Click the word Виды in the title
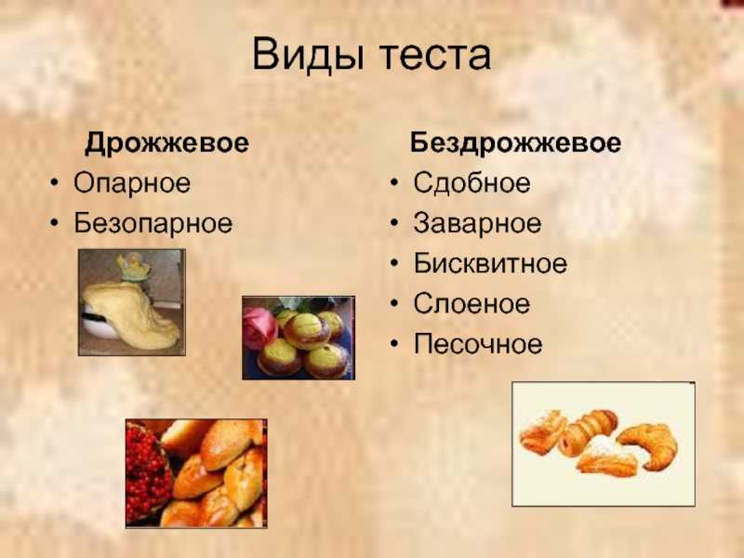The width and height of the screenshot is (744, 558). tap(309, 55)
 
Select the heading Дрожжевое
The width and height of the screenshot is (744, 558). tap(166, 143)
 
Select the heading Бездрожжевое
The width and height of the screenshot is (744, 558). tap(516, 143)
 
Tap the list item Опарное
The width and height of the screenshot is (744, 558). tap(132, 183)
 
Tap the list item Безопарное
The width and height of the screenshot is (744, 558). tap(153, 223)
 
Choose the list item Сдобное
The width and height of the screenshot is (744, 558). tap(472, 182)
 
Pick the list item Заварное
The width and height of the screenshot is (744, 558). tap(477, 223)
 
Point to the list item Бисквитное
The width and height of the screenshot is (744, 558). tap(490, 263)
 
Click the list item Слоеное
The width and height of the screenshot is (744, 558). tap(472, 304)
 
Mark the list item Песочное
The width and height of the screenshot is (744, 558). tap(478, 344)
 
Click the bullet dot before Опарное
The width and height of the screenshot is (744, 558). tap(55, 182)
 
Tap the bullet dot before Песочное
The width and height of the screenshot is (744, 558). tap(394, 343)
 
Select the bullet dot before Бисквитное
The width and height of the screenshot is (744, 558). tap(394, 262)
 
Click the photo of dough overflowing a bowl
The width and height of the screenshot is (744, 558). tap(132, 302)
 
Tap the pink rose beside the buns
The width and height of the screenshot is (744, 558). tap(259, 327)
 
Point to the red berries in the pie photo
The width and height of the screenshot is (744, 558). tap(147, 472)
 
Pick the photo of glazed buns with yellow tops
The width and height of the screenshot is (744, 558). tap(299, 338)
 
